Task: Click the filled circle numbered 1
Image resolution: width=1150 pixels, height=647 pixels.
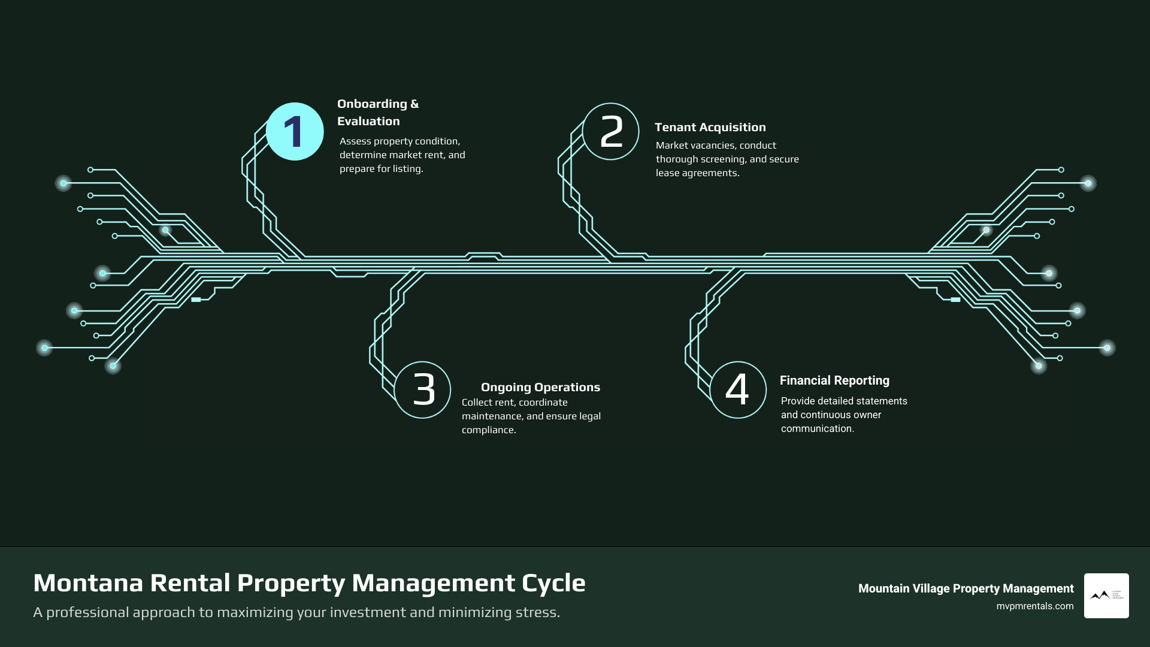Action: (x=295, y=132)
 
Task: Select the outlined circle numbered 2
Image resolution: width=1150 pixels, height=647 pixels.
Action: (x=611, y=132)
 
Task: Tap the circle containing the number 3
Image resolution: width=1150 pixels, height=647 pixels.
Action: (x=423, y=390)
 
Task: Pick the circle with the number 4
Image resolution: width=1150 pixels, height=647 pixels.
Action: (x=738, y=390)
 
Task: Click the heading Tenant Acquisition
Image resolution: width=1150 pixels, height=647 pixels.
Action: (x=710, y=127)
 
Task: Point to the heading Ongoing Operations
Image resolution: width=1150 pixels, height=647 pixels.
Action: (x=540, y=387)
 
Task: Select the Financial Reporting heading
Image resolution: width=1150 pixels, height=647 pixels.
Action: (x=834, y=380)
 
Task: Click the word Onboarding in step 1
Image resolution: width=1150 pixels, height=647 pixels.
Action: (x=372, y=104)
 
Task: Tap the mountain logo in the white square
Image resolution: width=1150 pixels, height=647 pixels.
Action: (x=1101, y=595)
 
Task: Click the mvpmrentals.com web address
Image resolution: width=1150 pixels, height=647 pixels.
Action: (x=1034, y=606)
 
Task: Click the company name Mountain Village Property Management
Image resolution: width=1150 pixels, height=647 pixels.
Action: (x=966, y=588)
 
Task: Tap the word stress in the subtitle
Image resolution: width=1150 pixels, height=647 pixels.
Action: (x=540, y=612)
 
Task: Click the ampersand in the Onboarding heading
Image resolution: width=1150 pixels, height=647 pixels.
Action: (x=414, y=104)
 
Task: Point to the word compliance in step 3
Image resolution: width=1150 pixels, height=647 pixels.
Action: (x=488, y=430)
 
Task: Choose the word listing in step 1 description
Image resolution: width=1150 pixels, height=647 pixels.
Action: (x=407, y=168)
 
